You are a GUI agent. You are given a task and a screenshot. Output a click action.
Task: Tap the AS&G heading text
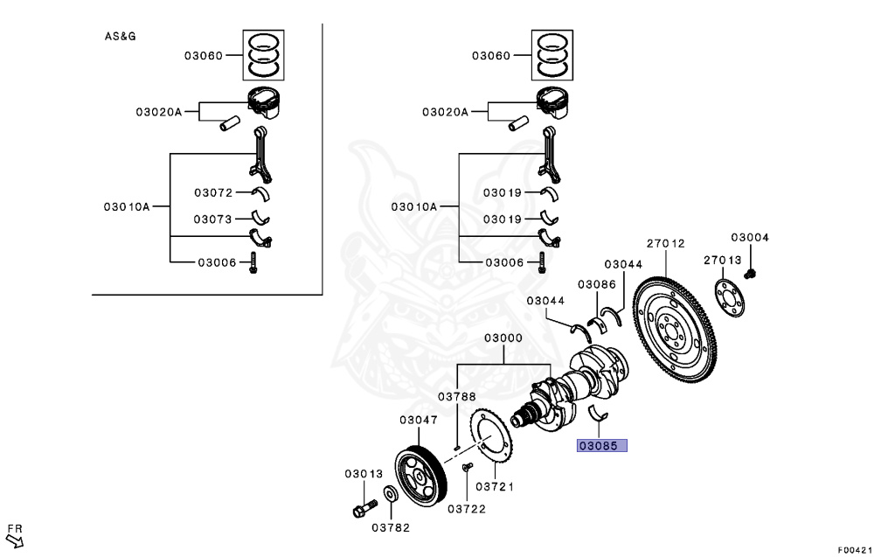point(121,37)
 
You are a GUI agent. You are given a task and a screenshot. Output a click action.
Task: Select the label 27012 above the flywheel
point(665,244)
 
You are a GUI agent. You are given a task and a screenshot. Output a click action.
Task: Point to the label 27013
point(723,260)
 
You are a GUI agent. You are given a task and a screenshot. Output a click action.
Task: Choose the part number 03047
point(419,420)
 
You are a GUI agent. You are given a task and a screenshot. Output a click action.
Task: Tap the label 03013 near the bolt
point(364,474)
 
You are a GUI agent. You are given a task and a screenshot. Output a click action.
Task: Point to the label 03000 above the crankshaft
point(503,338)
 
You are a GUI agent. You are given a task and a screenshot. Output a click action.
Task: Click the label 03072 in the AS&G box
point(213,192)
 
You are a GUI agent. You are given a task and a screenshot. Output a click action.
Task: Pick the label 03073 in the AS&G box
point(213,219)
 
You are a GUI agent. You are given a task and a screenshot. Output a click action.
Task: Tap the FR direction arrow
point(15,537)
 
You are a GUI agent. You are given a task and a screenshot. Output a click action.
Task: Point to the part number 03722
point(467,508)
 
